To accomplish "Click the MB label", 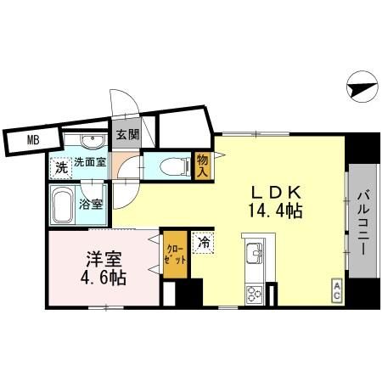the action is [33, 140].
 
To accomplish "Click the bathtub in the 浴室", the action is [63, 205].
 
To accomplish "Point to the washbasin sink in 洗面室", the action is [93, 141].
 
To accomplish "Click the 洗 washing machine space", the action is [61, 168].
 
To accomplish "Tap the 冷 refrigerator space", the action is [203, 243].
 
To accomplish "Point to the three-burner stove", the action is [254, 295].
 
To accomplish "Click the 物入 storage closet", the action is [203, 166].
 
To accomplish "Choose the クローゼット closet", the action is [175, 255].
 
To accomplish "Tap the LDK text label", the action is [276, 193].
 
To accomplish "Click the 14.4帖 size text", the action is [276, 211].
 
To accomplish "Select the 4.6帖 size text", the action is [104, 278].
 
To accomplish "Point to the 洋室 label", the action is [104, 259].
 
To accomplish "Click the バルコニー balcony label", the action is [362, 223].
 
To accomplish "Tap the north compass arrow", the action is [363, 87].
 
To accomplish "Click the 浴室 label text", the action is [91, 204].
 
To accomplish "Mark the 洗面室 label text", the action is [90, 162].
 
